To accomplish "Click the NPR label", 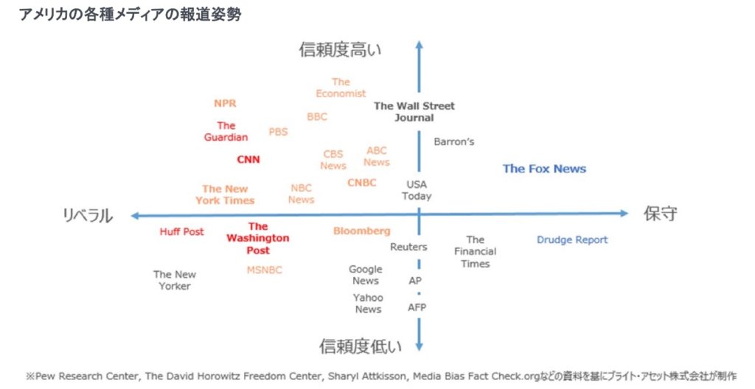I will (225, 104).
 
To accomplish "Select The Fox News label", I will (544, 169).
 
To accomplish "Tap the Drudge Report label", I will (572, 239).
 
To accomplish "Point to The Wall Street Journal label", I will (414, 111).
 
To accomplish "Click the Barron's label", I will (453, 141).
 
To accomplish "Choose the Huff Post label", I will (181, 231).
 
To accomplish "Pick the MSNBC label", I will (264, 270).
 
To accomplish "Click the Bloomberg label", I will (361, 231).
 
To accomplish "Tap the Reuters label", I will (408, 247).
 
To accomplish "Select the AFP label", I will (417, 307).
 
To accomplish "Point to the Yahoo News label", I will (368, 303).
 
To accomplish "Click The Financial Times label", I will (475, 251).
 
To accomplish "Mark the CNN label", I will (248, 159).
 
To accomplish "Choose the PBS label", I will (278, 132).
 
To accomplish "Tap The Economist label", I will (341, 88).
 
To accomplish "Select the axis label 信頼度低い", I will (361, 346).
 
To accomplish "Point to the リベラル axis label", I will (87, 215).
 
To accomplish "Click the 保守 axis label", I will (660, 214).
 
